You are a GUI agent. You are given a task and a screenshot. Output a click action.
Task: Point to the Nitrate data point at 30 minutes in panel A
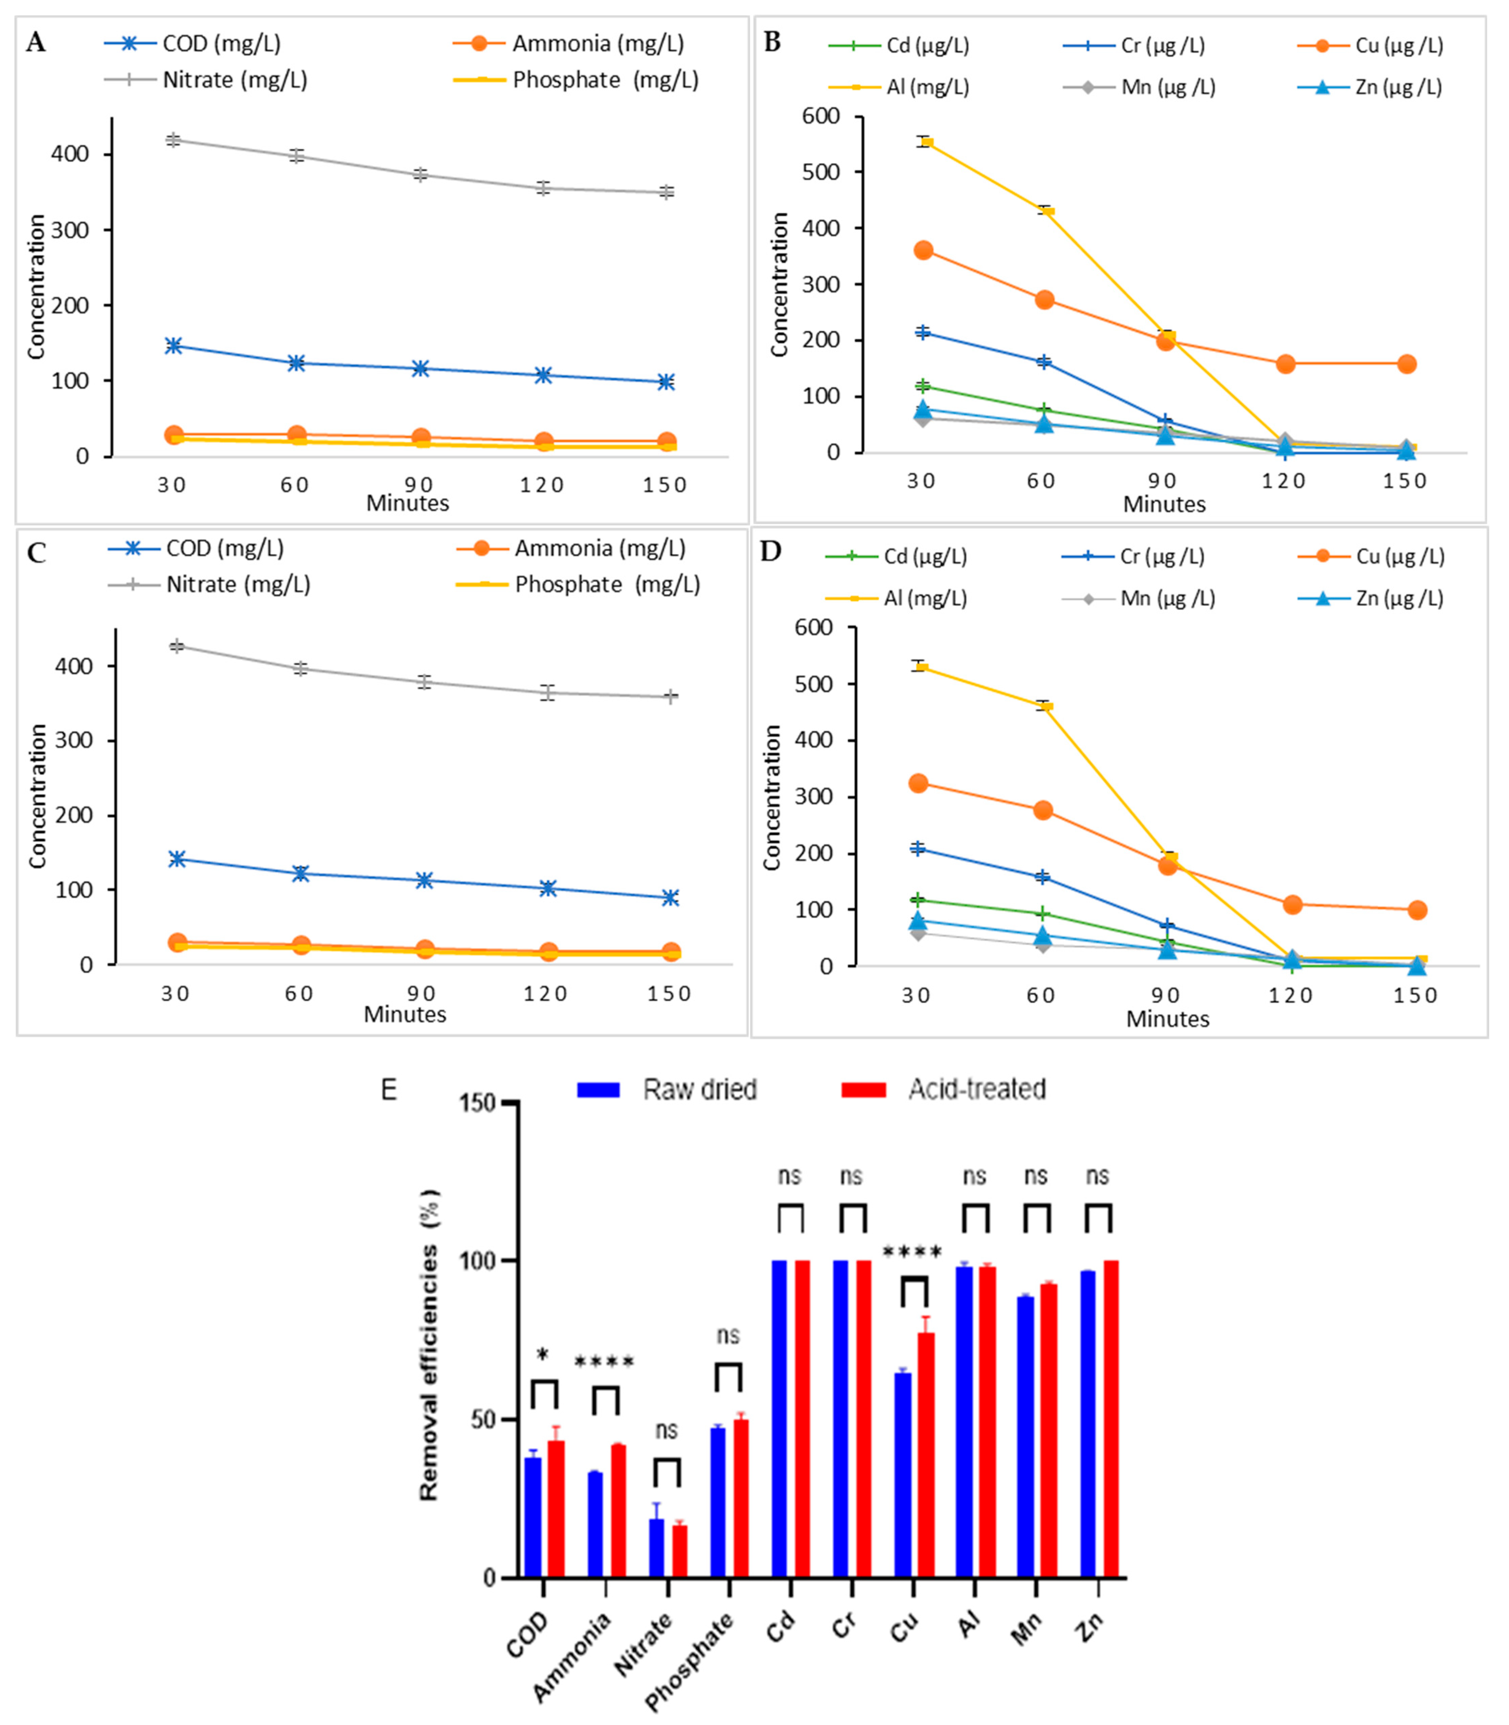[174, 140]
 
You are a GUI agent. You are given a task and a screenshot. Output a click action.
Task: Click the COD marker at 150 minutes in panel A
[666, 382]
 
